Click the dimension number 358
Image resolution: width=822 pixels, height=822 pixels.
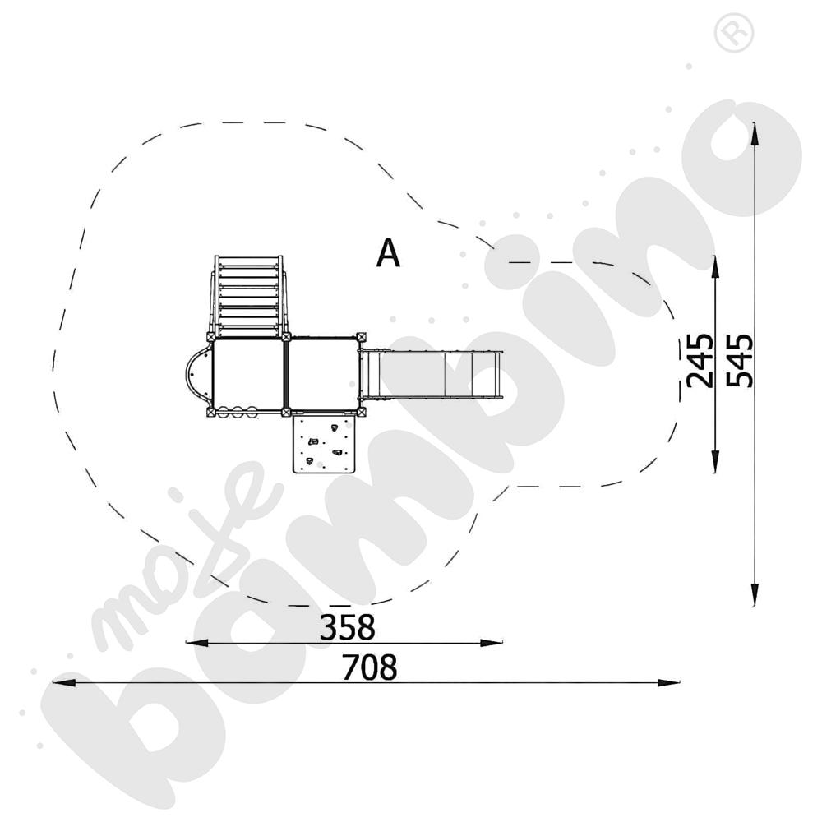click(x=347, y=627)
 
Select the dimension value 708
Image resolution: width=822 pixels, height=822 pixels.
click(x=369, y=667)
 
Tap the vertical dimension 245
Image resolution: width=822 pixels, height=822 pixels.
click(x=700, y=361)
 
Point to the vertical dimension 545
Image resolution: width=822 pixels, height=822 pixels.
click(x=740, y=361)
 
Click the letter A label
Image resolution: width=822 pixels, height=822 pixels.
click(x=388, y=253)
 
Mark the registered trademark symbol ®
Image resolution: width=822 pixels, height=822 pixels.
click(x=734, y=33)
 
